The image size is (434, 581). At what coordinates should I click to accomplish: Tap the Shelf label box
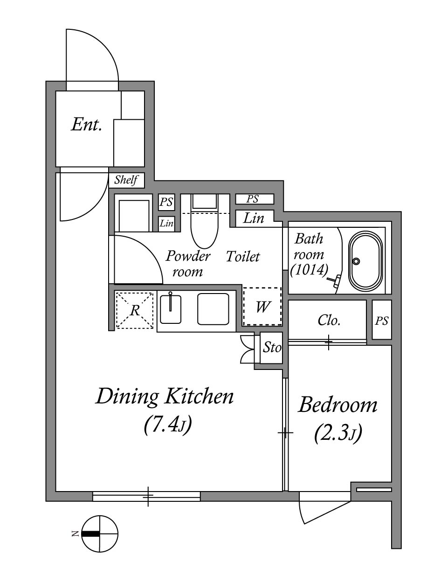127,180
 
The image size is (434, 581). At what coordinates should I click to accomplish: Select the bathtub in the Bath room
365,261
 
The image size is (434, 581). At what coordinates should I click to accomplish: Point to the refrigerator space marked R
135,310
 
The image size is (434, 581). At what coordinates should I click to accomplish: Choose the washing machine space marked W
262,307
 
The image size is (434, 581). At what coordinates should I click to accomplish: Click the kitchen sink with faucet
171,308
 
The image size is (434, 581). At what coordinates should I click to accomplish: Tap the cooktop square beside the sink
213,309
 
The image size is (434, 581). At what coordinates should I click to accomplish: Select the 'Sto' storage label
272,348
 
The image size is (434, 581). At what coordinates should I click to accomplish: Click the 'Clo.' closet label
329,321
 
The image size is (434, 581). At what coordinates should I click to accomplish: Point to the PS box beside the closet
382,320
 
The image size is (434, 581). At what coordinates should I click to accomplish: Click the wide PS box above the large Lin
254,199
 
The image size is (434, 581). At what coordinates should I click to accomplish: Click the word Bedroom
338,405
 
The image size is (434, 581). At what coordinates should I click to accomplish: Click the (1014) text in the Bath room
309,270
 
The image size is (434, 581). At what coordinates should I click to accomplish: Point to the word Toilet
243,256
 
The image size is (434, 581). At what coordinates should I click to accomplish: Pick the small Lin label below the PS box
166,224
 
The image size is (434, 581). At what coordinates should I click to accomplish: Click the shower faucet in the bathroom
334,281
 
